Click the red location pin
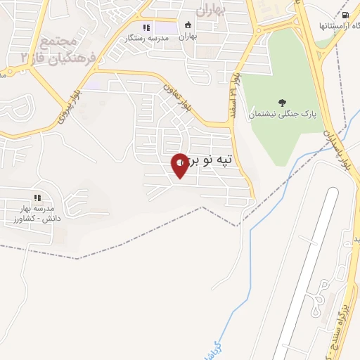click(x=180, y=165)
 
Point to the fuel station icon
click(x=345, y=15)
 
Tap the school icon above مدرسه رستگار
click(x=146, y=27)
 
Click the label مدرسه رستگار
click(x=146, y=38)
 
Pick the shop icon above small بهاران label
click(x=187, y=25)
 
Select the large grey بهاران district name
click(x=209, y=10)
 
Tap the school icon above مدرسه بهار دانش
click(x=37, y=198)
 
